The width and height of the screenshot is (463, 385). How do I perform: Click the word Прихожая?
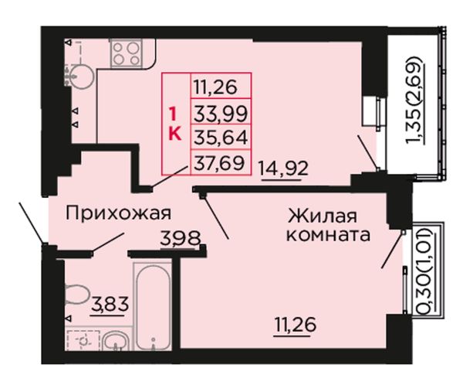point(118,214)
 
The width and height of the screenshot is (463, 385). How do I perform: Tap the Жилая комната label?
point(329,226)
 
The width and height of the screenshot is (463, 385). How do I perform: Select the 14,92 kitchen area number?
point(284,169)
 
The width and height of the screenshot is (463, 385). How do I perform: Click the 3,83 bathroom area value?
point(110,305)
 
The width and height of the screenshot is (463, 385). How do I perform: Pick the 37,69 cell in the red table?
point(221,162)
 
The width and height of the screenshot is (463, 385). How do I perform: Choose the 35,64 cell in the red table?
point(221,138)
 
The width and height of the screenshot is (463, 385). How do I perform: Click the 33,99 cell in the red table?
point(221,113)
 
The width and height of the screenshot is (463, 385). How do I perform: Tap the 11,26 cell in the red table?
point(221,87)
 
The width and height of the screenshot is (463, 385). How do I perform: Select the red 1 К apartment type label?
point(174,124)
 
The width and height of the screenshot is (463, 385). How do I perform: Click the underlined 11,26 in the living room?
point(296,325)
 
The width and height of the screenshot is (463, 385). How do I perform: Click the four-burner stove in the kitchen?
point(127,53)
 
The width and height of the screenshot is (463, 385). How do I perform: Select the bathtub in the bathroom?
point(154,306)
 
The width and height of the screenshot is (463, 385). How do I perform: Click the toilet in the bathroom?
point(77,294)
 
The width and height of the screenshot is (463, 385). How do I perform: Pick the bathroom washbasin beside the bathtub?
point(116,341)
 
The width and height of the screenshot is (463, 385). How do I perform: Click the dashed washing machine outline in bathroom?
point(83,340)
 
